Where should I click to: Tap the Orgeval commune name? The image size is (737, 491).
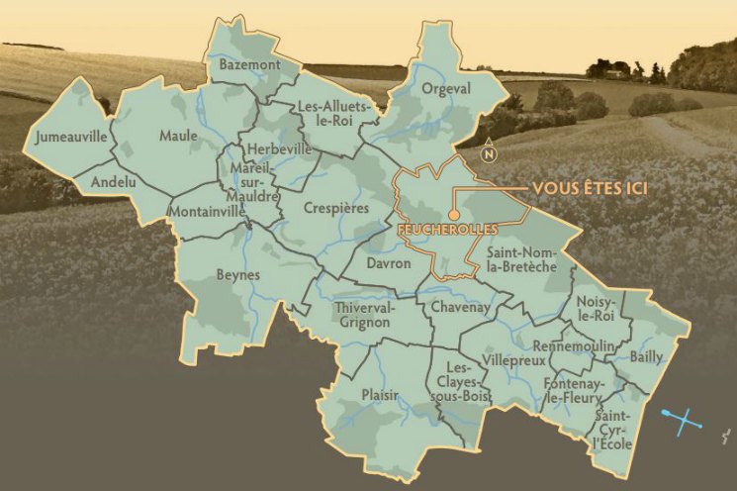pos(446,88)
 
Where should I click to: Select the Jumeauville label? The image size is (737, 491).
pos(69,137)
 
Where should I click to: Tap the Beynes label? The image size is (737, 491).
pos(237,274)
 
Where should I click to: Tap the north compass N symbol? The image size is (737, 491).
pos(488,153)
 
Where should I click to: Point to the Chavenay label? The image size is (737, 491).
pos(460,309)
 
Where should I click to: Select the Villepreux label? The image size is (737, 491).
pos(513,361)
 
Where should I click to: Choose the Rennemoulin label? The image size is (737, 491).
pos(574,346)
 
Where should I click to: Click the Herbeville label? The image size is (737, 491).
pos(279,148)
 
